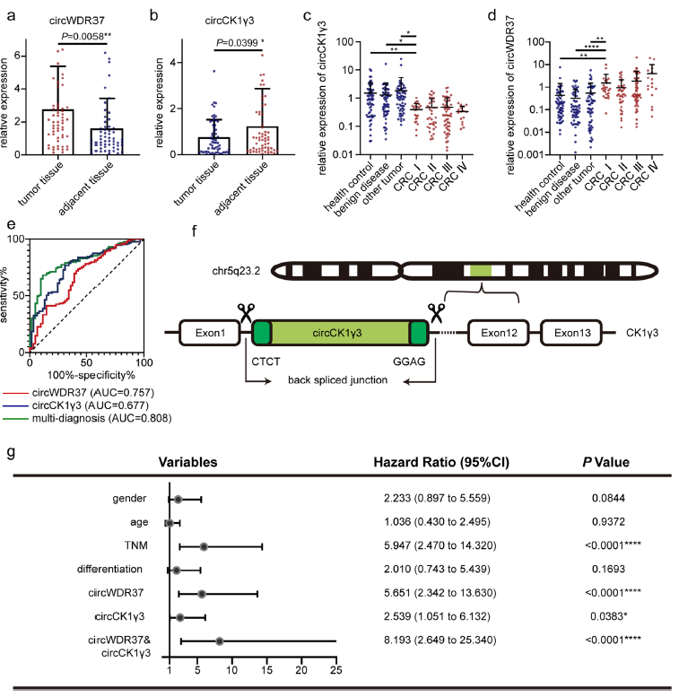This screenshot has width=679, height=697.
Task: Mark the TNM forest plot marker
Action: coord(204,546)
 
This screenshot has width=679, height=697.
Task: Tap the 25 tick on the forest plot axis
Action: coord(335,669)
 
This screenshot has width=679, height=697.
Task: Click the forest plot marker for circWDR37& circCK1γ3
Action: coord(220,641)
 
